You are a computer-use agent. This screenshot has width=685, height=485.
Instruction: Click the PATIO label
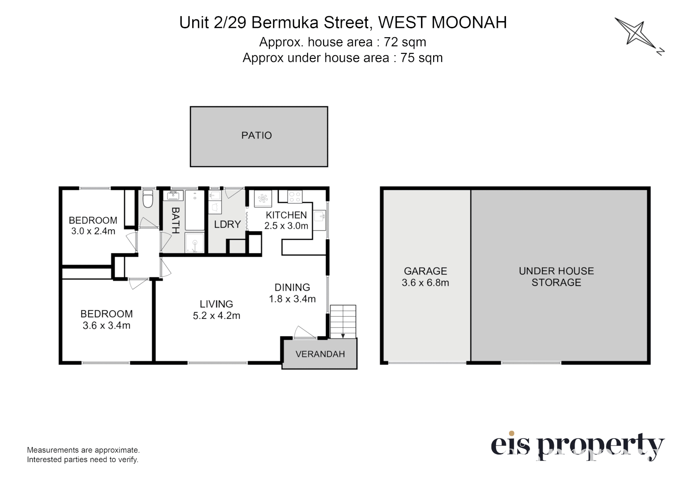[x=256, y=135]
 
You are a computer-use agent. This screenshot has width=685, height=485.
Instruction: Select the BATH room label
[x=175, y=220]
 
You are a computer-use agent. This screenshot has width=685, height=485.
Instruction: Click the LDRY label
[x=227, y=224]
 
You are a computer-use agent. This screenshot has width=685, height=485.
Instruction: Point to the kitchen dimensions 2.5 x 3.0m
[x=286, y=226]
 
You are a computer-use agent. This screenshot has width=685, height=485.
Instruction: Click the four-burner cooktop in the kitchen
[x=294, y=197]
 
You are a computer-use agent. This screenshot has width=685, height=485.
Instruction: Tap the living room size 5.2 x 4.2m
[x=216, y=316]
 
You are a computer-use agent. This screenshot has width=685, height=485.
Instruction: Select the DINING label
[x=292, y=287]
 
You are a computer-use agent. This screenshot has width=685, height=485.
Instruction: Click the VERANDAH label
[x=320, y=354]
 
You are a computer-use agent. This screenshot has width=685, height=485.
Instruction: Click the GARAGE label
[x=425, y=271]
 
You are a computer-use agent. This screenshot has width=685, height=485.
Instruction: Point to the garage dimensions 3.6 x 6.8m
[x=425, y=283]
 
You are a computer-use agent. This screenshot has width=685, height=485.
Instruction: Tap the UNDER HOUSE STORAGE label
[x=556, y=277]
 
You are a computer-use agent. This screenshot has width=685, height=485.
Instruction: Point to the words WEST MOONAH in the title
[x=442, y=22]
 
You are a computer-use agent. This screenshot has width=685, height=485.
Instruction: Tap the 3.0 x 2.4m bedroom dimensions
[x=93, y=231]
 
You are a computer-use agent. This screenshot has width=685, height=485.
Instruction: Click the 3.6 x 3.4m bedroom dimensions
[x=106, y=326]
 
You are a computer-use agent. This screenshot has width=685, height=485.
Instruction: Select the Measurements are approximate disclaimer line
[x=83, y=450]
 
